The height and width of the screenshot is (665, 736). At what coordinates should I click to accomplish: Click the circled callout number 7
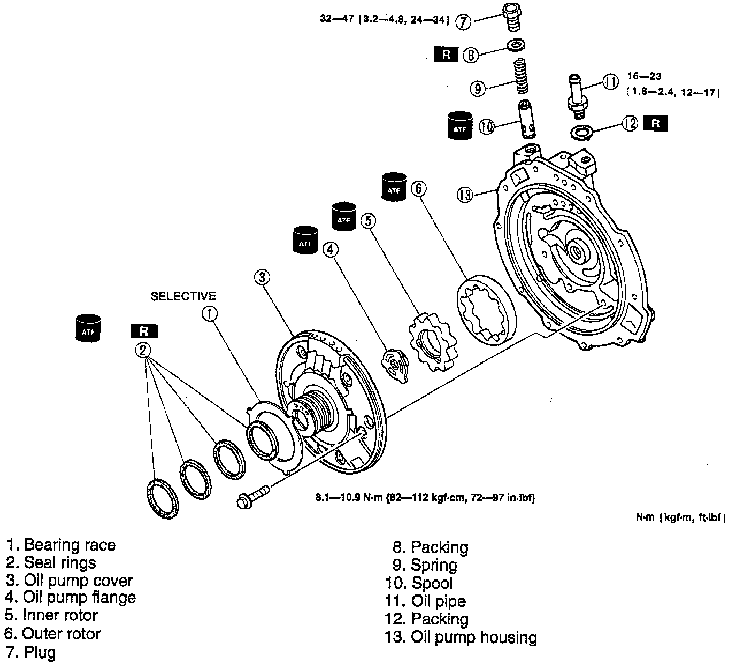[463, 22]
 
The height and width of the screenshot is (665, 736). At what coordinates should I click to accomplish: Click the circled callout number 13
[465, 196]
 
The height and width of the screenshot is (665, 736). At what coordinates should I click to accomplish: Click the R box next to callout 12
[656, 123]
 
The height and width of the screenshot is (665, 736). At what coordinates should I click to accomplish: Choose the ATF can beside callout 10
[460, 126]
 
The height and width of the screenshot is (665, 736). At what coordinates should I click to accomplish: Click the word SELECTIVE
[183, 296]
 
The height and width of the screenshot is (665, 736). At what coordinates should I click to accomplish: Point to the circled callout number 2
[143, 350]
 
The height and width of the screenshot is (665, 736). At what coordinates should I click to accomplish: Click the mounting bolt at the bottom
[254, 496]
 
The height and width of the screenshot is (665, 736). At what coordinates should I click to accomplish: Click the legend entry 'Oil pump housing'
[473, 637]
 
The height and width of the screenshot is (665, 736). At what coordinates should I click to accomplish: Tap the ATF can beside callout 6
[394, 187]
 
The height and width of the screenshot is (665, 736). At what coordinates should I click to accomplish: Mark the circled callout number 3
[262, 277]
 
